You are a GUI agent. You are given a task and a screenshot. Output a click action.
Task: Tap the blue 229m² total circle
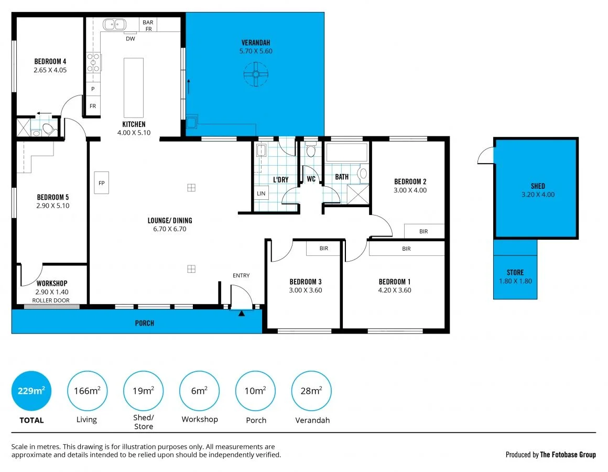point(31,391)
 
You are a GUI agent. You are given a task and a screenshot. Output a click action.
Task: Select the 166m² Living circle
point(87,391)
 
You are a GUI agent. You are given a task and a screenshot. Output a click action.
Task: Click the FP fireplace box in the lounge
point(102,183)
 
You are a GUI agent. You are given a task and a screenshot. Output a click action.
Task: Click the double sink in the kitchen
point(114,24)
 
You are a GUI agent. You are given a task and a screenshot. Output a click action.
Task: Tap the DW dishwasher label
point(130,38)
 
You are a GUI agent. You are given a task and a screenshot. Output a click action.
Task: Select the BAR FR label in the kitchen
point(148,25)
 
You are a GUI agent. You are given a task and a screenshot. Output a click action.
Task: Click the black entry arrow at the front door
point(242,314)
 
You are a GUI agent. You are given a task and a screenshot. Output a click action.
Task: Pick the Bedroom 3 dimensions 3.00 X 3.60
point(305,290)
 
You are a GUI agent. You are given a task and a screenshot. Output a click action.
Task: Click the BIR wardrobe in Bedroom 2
point(424,231)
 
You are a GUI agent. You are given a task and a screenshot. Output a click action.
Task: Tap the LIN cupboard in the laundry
point(261,194)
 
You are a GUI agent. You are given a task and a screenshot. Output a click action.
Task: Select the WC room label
point(311,179)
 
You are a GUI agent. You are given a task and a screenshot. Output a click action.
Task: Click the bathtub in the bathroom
point(346,153)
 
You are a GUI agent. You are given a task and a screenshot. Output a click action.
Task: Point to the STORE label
point(515,272)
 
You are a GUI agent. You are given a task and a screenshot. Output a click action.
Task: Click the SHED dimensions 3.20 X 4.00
point(538,194)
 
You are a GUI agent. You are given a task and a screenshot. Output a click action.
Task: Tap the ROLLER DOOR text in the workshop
point(51,301)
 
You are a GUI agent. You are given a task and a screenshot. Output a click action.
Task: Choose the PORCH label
point(145,323)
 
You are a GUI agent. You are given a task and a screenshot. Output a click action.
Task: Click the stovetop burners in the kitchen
point(94,62)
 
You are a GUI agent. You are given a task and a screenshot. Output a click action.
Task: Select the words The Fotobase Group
point(568,455)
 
